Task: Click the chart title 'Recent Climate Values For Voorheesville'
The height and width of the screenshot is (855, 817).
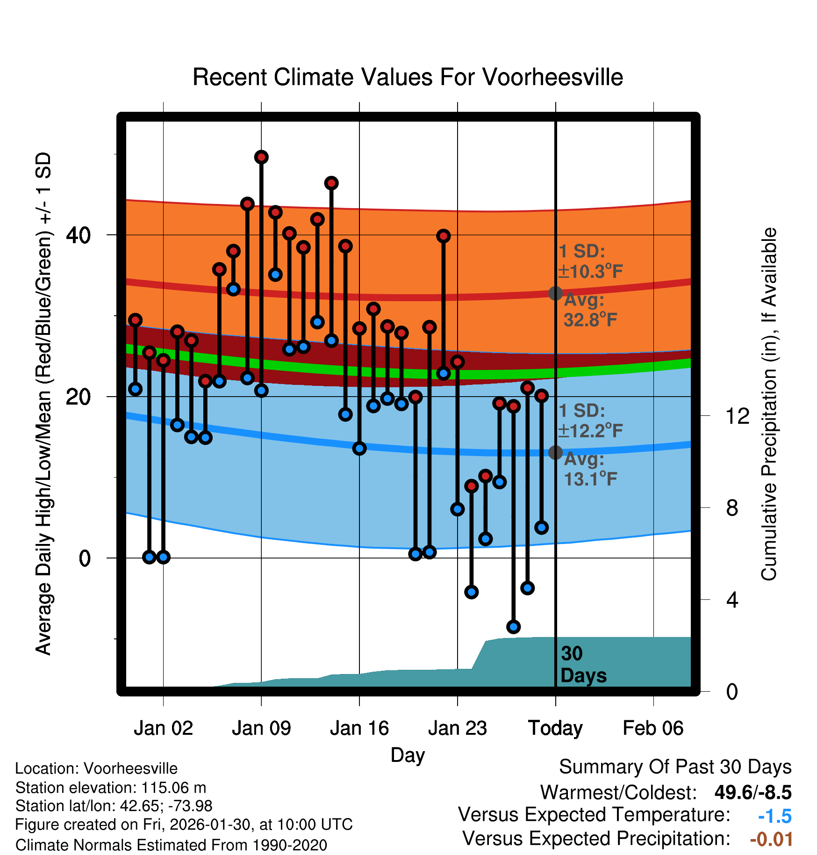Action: (x=408, y=77)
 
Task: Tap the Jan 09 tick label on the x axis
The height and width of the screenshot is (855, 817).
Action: (x=261, y=728)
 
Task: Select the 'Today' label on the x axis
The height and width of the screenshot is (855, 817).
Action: (x=555, y=728)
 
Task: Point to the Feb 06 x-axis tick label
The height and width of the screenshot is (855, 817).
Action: (x=653, y=728)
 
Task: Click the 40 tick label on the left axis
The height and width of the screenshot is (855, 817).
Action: (x=78, y=235)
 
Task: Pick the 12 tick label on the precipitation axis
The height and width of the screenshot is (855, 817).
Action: (x=738, y=416)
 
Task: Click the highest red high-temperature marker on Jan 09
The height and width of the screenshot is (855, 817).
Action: (x=261, y=157)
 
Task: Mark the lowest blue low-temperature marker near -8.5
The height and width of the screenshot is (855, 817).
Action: (x=514, y=627)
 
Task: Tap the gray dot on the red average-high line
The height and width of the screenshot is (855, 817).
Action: (x=555, y=293)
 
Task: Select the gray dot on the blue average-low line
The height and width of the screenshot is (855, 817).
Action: (x=555, y=452)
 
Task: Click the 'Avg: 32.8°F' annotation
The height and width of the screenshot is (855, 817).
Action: (x=590, y=310)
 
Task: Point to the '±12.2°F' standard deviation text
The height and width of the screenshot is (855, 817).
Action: (x=591, y=431)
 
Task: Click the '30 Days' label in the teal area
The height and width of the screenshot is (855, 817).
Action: (x=583, y=665)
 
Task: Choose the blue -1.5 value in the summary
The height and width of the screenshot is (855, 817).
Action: (x=775, y=816)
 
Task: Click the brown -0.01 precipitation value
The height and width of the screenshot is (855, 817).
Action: (x=771, y=839)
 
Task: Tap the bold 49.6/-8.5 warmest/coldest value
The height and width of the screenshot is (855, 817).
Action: (x=753, y=792)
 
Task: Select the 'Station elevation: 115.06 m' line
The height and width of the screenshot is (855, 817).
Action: (x=111, y=788)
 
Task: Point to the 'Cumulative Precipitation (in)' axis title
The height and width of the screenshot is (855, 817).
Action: (x=769, y=404)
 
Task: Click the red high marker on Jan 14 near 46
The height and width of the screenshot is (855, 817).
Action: (x=331, y=183)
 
